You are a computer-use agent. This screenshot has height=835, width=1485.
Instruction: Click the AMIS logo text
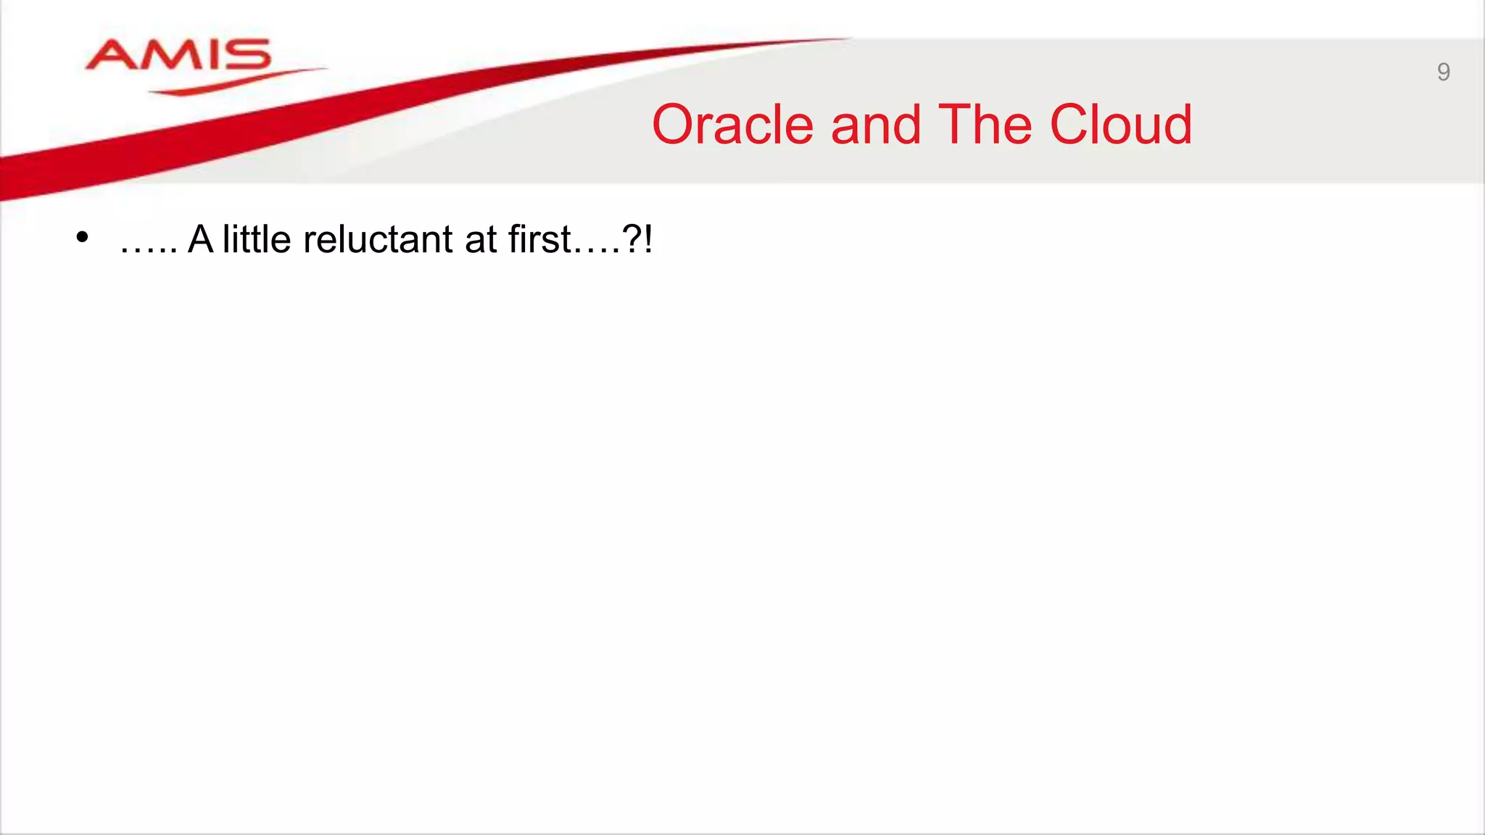coord(178,55)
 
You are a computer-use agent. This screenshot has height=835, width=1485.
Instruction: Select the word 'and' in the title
coord(876,125)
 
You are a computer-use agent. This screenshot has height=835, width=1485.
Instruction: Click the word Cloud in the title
coord(1120,125)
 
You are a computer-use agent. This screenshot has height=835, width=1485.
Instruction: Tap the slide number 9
coord(1443,72)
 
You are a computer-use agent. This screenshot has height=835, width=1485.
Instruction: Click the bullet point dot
coord(82,237)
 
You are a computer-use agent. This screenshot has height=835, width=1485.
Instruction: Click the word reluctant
coord(378,239)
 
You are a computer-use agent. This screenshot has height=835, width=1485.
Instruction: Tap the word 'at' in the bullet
coord(480,240)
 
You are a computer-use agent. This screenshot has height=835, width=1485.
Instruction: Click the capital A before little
coord(201,239)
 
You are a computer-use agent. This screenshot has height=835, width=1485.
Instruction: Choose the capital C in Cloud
coord(1070,125)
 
